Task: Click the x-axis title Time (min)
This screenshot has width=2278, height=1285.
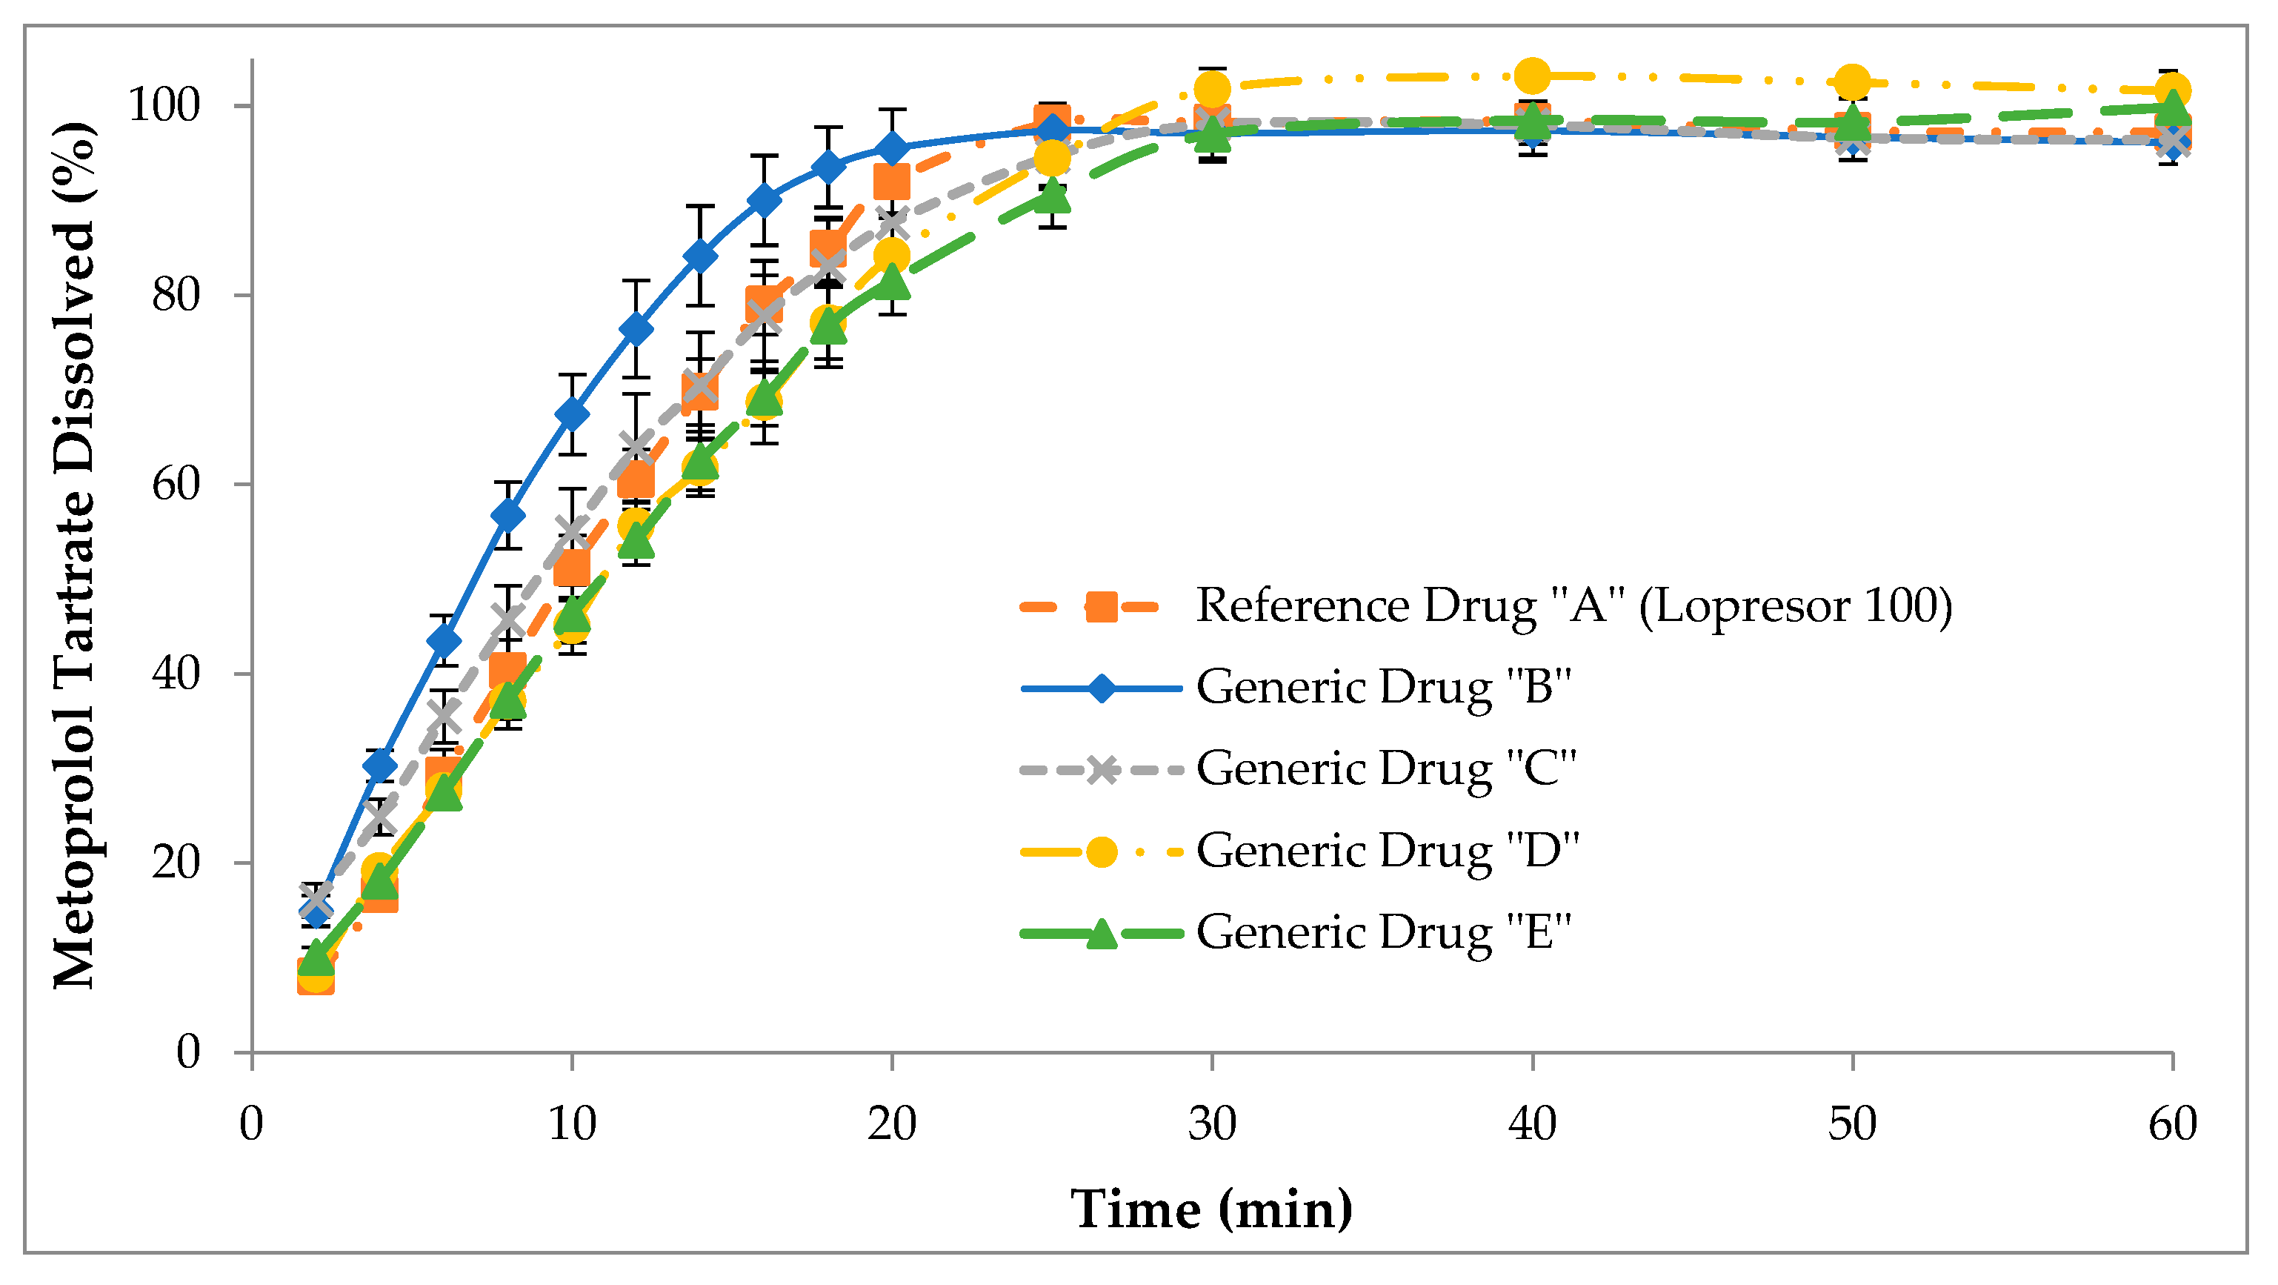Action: tap(1211, 1209)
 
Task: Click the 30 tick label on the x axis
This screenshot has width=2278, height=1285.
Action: tap(1211, 1125)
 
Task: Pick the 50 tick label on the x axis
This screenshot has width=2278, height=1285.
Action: tap(1852, 1125)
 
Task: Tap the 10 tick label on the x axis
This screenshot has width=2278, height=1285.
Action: tap(572, 1125)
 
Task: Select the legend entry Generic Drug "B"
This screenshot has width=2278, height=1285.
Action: tap(1384, 687)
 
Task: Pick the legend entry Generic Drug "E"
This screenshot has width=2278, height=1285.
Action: tap(1384, 932)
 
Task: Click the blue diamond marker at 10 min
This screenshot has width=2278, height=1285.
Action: tap(572, 414)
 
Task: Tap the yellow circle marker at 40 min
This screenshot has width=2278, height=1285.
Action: tap(1532, 76)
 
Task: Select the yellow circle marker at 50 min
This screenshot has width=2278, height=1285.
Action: tap(1852, 82)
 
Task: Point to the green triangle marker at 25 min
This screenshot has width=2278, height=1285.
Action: tap(1051, 196)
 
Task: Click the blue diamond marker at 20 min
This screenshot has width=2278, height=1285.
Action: tap(892, 148)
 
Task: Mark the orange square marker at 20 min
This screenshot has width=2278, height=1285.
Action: tap(891, 183)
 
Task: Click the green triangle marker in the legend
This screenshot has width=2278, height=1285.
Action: tap(1101, 933)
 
